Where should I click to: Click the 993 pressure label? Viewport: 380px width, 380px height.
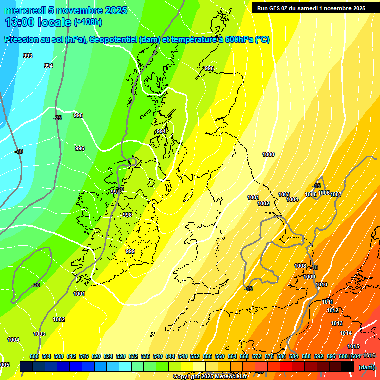coord(28,56)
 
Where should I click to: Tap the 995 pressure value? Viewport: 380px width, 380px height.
coord(78,115)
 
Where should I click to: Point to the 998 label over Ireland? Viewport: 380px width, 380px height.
coord(127,215)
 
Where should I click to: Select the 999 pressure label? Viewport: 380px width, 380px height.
coord(130,251)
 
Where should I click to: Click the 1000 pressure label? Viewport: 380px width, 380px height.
coord(268,155)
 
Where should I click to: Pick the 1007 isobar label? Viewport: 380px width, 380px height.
coord(336,194)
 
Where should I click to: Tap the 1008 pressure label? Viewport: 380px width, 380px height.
coord(300,266)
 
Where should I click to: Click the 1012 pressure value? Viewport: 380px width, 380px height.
coord(332,310)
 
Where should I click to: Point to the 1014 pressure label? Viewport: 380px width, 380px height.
coord(346,333)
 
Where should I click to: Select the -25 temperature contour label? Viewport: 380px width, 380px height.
coord(57,118)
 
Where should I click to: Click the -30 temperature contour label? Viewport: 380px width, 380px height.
coord(19,151)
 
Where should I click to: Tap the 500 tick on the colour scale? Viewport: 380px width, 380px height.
coord(34,356)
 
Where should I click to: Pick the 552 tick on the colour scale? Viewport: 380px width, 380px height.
coord(195,356)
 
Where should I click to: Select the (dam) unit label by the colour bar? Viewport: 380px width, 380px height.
coord(366,367)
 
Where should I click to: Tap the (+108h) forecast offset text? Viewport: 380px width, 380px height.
coord(88,22)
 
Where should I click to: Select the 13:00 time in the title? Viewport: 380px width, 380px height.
coord(21,22)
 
